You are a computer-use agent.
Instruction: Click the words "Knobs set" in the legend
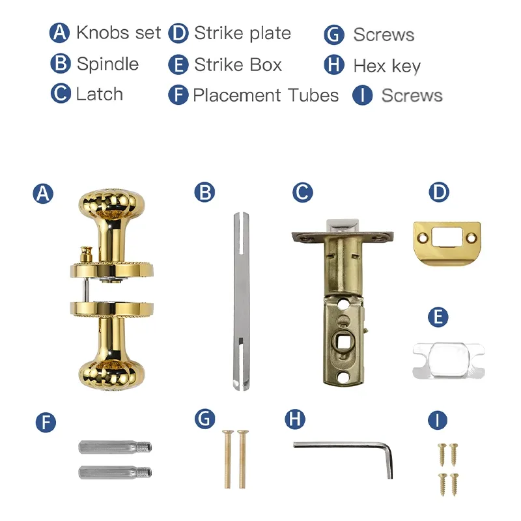coord(119,33)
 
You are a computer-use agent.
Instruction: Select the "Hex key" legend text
coord(387,66)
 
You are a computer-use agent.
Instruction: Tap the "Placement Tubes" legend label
coord(266,95)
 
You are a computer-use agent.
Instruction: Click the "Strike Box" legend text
coord(238,64)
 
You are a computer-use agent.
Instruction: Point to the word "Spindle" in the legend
coord(107,63)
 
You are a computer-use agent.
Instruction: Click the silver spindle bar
coord(242,301)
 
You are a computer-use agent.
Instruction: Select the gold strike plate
coord(447,244)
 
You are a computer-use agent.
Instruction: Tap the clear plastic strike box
coord(449,361)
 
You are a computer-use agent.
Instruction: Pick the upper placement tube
coord(115,447)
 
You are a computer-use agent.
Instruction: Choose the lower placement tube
coord(115,472)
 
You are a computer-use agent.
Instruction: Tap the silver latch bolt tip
coord(343,225)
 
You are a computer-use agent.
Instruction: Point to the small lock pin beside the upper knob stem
coord(87,254)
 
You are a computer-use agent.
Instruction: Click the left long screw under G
coord(227,459)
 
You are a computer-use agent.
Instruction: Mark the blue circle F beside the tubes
coord(46,423)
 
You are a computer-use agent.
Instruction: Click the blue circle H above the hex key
coord(295,419)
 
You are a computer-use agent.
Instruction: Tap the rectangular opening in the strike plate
coord(445,236)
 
